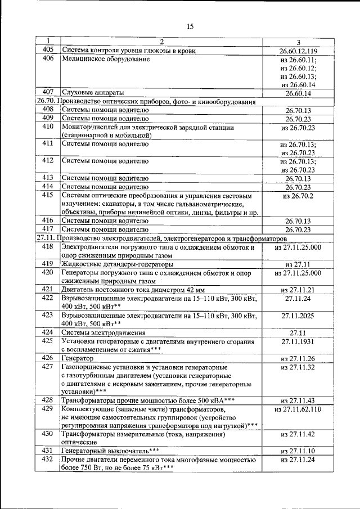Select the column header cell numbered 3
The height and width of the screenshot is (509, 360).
[x=298, y=42]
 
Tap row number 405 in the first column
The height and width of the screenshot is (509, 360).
[x=48, y=51]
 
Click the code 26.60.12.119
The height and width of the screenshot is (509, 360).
[x=298, y=51]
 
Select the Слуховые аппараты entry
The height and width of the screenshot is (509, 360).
[x=92, y=92]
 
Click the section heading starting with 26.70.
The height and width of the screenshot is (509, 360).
[x=146, y=102]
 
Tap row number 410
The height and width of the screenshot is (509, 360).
[x=48, y=127]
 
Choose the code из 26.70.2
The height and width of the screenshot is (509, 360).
[x=298, y=195]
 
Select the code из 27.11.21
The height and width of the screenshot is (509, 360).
[x=298, y=289]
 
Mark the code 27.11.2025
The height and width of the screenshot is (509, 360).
[x=298, y=316]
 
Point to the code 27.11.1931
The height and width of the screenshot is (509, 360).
[x=298, y=341]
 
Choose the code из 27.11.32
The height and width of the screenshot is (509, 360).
[x=298, y=367]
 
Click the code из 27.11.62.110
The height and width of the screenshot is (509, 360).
[x=298, y=409]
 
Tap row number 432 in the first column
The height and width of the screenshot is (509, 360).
[x=48, y=460]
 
